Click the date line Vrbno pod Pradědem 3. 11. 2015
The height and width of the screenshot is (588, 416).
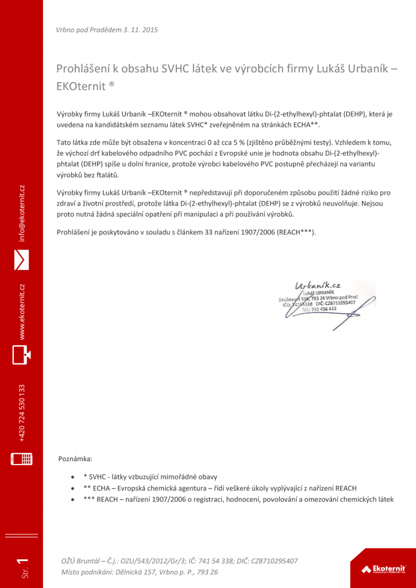pyautogui.click(x=107, y=29)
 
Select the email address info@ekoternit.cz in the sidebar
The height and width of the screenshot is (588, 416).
pyautogui.click(x=21, y=213)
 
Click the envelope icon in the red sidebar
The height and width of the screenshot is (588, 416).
pyautogui.click(x=21, y=260)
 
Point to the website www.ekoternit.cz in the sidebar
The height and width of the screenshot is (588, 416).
pyautogui.click(x=21, y=311)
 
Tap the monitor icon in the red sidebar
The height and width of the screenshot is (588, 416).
pyautogui.click(x=21, y=355)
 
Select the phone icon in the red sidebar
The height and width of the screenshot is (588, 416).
pyautogui.click(x=21, y=459)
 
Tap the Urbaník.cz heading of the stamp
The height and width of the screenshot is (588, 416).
pyautogui.click(x=318, y=285)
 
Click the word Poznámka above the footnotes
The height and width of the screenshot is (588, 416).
pyautogui.click(x=75, y=459)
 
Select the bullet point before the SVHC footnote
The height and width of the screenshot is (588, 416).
pyautogui.click(x=72, y=477)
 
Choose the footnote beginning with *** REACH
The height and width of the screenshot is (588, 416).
pyautogui.click(x=238, y=500)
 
